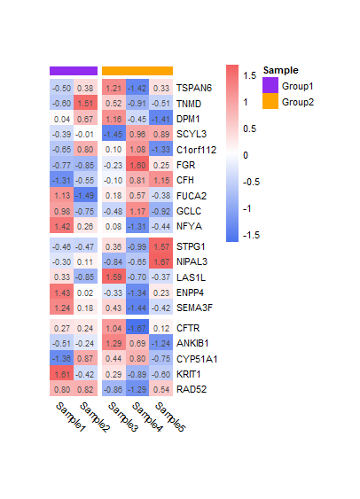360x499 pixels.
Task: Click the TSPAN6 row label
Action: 194,89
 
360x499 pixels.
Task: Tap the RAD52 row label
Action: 191,389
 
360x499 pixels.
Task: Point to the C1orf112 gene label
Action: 199,150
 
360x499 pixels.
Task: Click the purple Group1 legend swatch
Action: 270,86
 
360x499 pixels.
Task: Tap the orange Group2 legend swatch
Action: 270,102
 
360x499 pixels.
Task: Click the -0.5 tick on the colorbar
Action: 254,182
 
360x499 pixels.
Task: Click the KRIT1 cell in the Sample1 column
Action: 62,374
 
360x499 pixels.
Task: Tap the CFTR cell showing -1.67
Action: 137,329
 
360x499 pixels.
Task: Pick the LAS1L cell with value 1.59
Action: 113,277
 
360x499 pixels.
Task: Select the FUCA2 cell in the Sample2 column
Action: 85,195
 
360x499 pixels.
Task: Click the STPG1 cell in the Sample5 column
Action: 161,246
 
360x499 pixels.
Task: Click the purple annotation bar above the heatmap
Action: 74,71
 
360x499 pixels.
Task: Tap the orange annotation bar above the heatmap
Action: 137,71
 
